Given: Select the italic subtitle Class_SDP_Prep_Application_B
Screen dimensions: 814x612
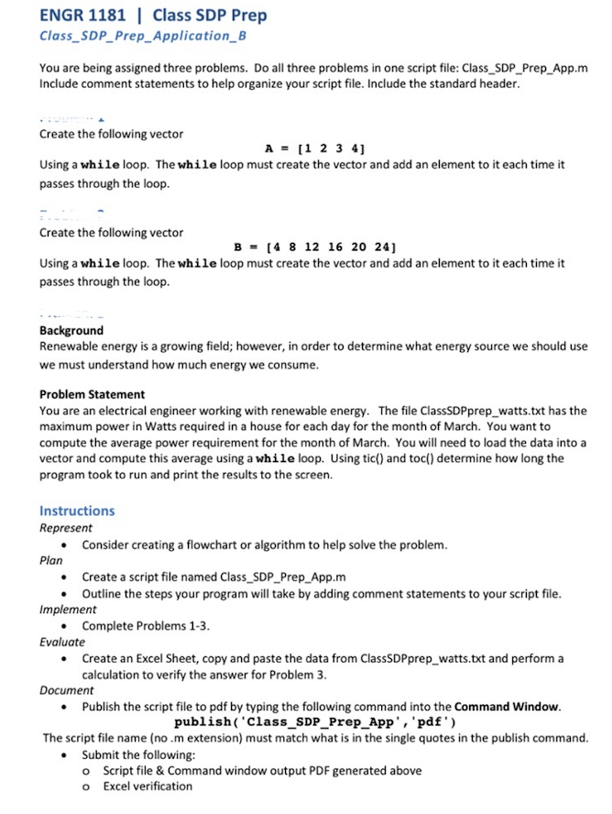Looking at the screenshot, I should coord(143,37).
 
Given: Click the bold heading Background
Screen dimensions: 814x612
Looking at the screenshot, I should coord(71,330).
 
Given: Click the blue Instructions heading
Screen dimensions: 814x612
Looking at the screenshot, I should coord(77,511).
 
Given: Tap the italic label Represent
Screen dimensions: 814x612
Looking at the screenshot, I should coord(66,528).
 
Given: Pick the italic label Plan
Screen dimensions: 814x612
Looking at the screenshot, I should coord(51,560).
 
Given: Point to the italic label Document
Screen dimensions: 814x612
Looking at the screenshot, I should coord(67,691).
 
